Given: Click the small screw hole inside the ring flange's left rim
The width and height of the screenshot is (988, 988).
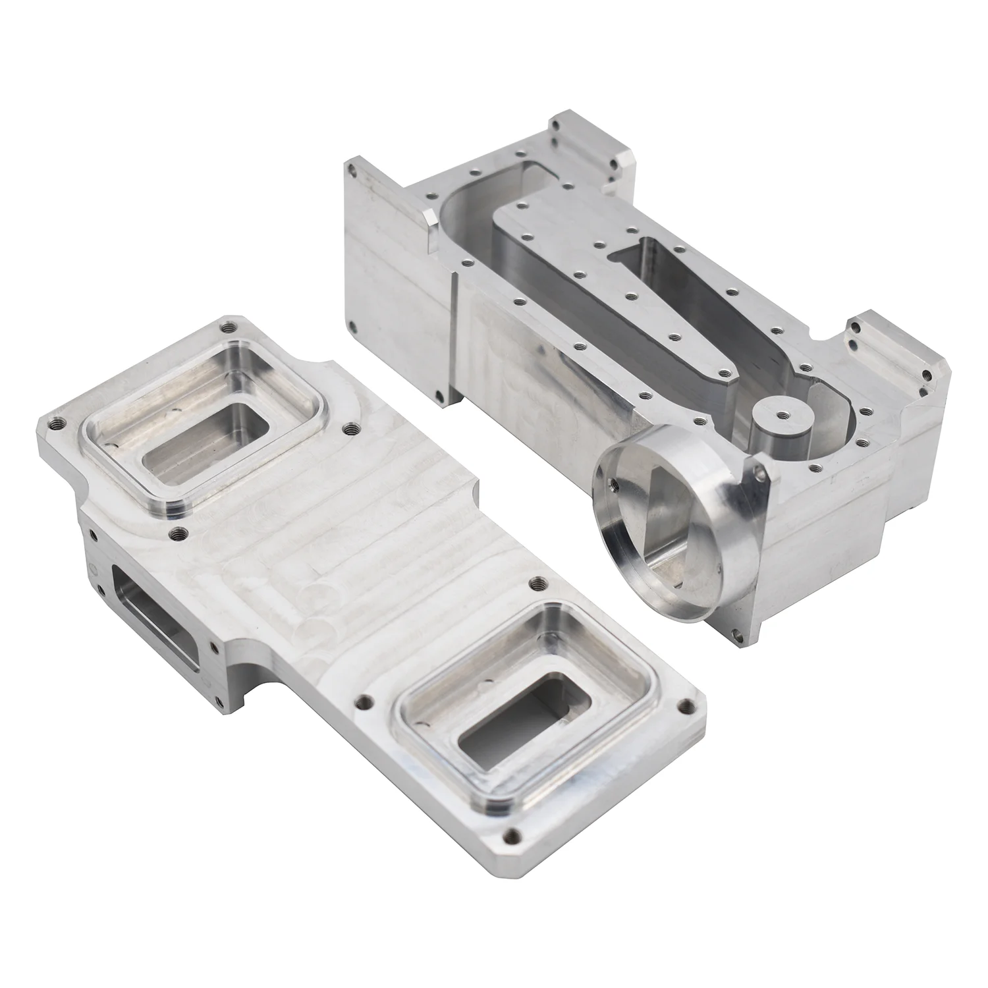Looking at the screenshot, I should pyautogui.click(x=613, y=483).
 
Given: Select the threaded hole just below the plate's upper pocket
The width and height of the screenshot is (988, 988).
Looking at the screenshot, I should pyautogui.click(x=176, y=533).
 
